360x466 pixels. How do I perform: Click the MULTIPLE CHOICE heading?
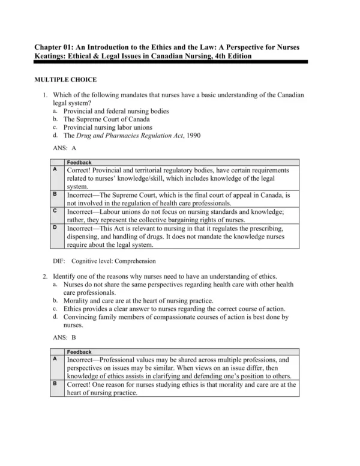65,79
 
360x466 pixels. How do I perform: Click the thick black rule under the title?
171,62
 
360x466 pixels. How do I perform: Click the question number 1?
45,95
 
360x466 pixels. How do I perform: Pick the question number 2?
45,276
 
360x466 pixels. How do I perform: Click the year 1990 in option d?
191,135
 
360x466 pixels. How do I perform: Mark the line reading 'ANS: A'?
65,147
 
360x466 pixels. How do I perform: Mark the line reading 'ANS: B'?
65,338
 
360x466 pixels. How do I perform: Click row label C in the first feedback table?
55,211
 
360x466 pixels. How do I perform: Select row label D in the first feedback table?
55,228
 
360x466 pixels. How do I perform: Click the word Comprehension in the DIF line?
136,261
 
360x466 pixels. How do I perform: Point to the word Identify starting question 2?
66,276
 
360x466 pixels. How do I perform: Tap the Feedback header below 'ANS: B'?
79,351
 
